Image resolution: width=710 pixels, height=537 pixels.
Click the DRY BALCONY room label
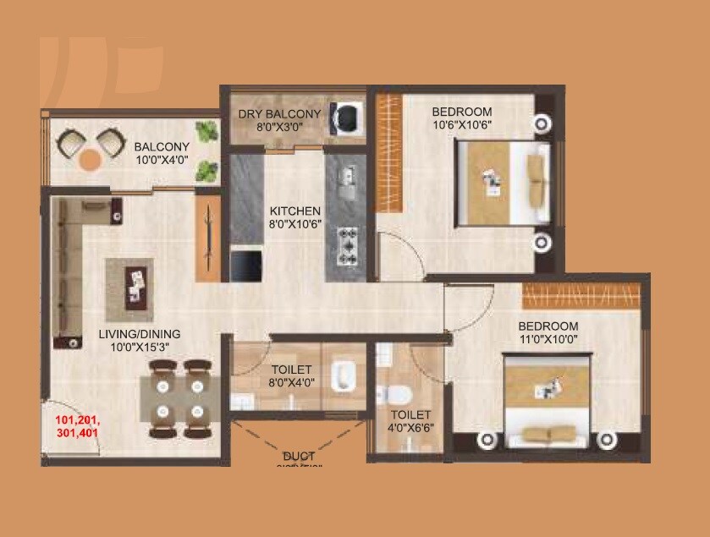point(280,114)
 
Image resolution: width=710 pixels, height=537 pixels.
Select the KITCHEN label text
point(294,211)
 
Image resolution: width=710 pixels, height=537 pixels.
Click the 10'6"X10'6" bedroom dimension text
point(461,125)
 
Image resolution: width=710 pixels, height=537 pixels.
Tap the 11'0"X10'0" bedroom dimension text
point(548,339)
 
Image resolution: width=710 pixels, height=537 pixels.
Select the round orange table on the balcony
point(90,158)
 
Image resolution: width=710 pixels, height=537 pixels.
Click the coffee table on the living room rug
point(135,282)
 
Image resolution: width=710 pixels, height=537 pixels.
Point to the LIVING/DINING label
point(140,334)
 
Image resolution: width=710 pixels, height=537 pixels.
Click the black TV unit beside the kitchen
point(246,266)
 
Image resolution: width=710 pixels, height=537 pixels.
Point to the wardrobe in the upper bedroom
point(388,147)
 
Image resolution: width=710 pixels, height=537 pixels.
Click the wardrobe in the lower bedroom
point(575,296)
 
